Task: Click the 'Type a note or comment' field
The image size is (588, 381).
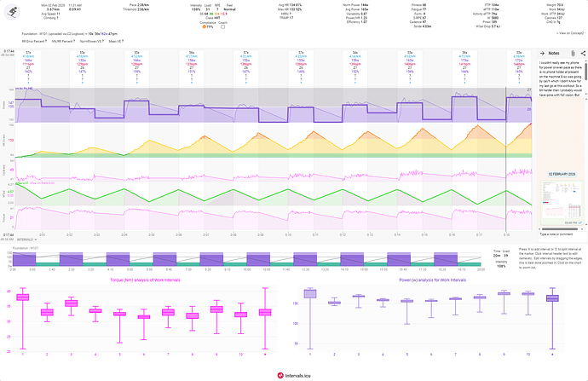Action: tap(557, 233)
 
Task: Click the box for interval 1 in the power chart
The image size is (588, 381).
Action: tap(309, 294)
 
